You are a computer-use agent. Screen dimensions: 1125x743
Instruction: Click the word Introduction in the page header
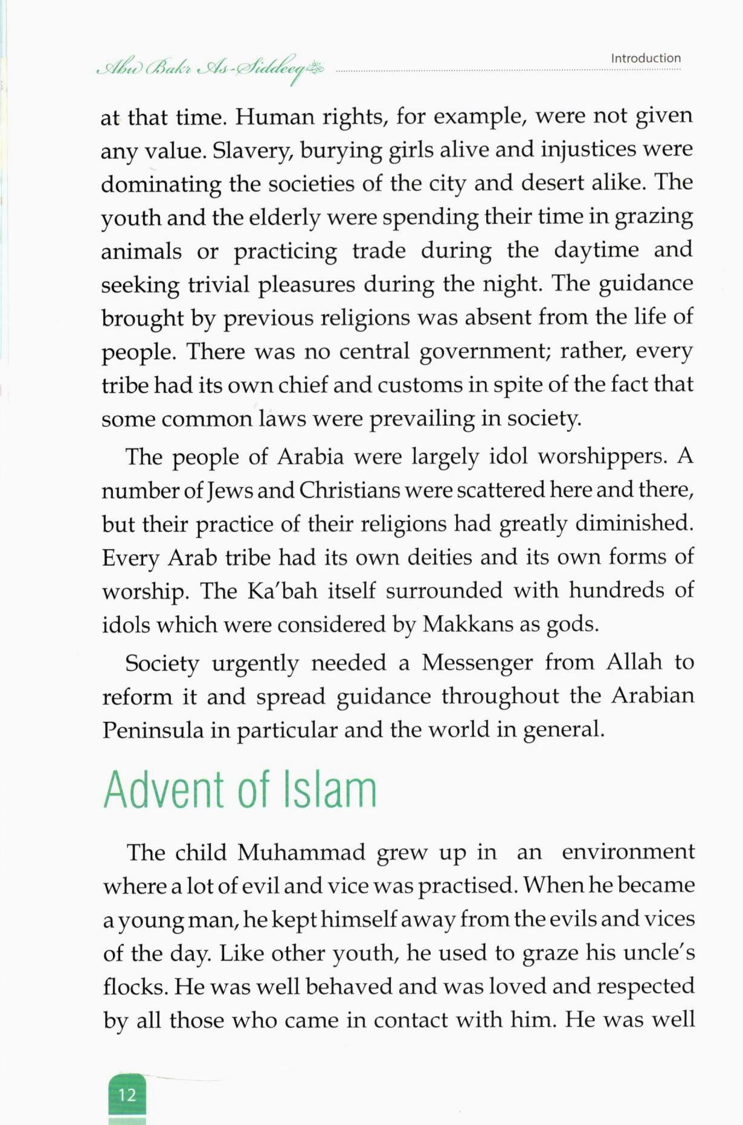coord(645,59)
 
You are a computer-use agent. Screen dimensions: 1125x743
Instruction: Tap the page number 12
coord(127,1095)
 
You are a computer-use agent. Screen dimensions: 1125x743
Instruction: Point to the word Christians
coord(349,490)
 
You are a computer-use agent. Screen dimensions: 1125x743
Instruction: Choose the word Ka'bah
coord(282,591)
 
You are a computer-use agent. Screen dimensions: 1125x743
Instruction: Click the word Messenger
coord(477,663)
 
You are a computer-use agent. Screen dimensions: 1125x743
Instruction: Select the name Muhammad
coord(301,853)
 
